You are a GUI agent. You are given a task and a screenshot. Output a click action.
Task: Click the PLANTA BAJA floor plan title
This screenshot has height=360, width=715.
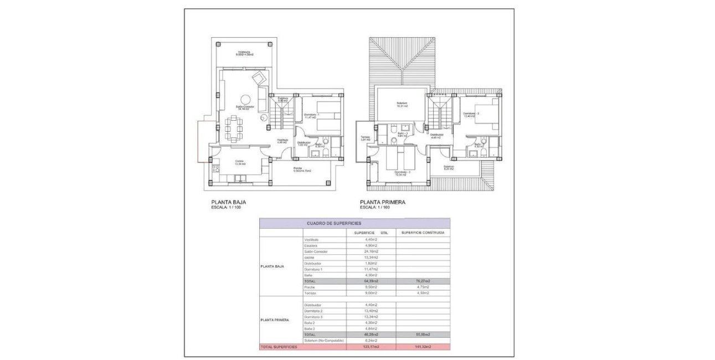228,202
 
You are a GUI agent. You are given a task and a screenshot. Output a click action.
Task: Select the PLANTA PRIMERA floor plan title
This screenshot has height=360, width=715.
382,202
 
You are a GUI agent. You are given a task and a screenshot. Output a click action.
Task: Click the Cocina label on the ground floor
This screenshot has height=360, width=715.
224,162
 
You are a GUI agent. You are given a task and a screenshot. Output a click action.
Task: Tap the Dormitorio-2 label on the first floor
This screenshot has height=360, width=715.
471,114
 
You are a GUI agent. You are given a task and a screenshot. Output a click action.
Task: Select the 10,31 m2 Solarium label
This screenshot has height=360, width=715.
402,104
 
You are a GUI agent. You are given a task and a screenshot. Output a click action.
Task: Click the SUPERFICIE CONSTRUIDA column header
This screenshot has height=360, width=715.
423,233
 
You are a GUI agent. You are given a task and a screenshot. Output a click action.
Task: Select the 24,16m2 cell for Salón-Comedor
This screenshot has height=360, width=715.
371,251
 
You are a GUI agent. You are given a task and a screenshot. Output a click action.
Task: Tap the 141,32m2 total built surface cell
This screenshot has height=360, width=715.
423,347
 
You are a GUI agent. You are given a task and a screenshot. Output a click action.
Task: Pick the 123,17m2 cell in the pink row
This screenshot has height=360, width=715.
371,347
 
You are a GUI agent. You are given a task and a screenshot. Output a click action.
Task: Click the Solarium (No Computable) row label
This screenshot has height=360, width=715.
324,340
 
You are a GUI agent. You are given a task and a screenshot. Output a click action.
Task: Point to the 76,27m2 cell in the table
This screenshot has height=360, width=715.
423,281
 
